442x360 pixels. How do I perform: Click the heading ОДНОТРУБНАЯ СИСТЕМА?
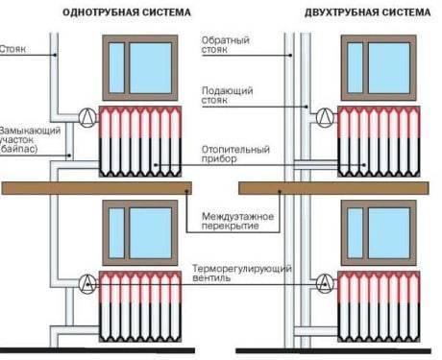(x=139, y=12)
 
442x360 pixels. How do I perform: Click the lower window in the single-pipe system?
(x=139, y=233)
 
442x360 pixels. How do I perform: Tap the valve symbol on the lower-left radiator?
(x=87, y=282)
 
